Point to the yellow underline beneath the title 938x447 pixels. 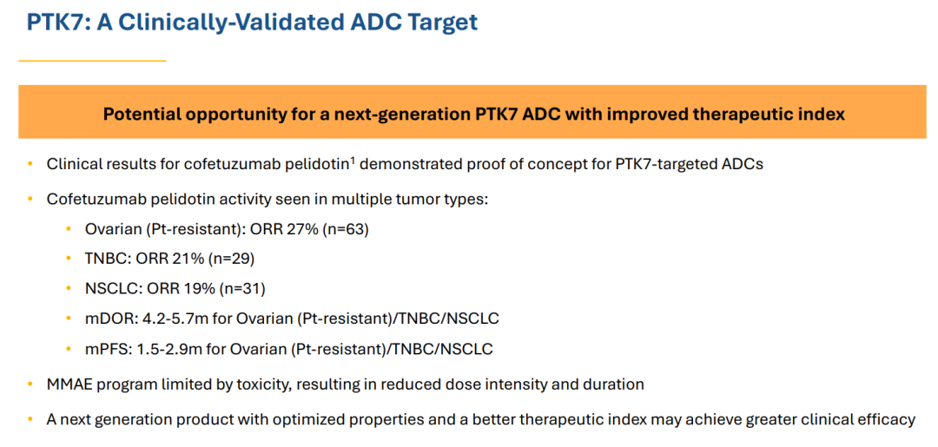pos(92,61)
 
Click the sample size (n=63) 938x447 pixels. pos(347,229)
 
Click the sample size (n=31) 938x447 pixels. pos(242,289)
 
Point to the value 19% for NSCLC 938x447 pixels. pos(201,289)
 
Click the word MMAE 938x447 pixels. pos(68,385)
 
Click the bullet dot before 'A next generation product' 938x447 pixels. pos(30,419)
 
